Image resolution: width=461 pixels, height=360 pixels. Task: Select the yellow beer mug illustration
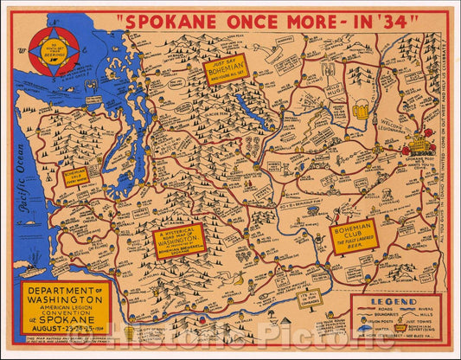tap(360, 110)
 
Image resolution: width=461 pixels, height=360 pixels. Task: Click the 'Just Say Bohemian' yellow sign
tap(226, 67)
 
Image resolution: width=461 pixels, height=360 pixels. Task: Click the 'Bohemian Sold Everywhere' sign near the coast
tap(76, 177)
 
